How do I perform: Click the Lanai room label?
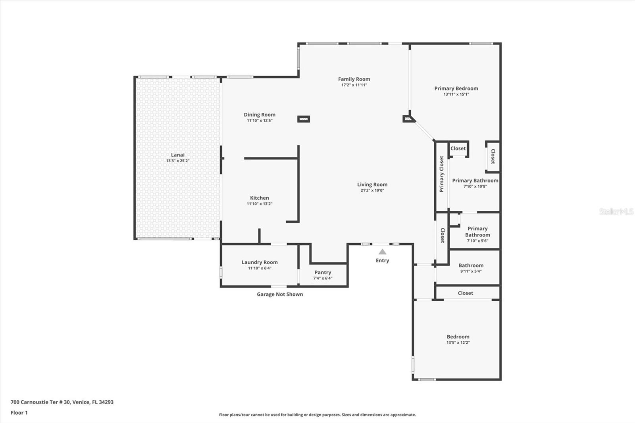[x=177, y=155]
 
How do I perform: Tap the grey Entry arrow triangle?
[x=382, y=252]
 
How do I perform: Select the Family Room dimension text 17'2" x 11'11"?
[x=354, y=85]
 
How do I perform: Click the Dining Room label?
[x=260, y=115]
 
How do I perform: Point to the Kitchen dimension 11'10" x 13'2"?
[x=260, y=204]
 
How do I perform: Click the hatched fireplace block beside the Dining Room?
[x=304, y=119]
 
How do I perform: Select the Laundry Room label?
[x=260, y=262]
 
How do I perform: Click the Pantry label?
[x=323, y=272]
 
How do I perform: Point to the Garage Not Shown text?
[x=280, y=294]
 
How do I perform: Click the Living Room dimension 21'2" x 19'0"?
[x=372, y=190]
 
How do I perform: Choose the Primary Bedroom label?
[x=456, y=88]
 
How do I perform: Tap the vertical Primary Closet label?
[x=442, y=174]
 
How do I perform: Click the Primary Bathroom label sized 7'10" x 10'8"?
[x=475, y=181]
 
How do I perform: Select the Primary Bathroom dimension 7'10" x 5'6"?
[x=477, y=240]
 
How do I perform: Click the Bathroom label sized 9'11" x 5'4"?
[x=471, y=265]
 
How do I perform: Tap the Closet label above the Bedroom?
[x=465, y=293]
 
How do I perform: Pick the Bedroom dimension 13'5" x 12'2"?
[x=458, y=342]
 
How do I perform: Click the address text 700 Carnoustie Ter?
[x=62, y=402]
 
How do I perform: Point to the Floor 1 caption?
[x=19, y=413]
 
